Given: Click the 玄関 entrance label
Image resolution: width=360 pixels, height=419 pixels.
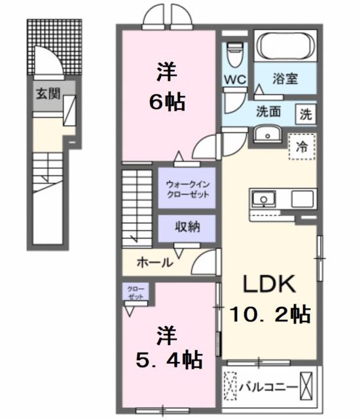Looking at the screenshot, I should [x=45, y=94].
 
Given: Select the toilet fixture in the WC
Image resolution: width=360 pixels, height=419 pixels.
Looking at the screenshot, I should [x=234, y=50].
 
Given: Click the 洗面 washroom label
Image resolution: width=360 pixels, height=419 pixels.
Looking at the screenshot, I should [x=268, y=111].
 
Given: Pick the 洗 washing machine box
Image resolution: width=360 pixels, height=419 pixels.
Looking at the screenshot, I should [x=306, y=113].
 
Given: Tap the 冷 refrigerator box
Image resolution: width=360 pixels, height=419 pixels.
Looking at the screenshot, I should [x=301, y=147].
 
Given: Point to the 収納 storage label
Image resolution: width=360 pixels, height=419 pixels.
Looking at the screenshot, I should [x=187, y=227].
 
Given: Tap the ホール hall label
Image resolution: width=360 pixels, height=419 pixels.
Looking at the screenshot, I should [x=154, y=263].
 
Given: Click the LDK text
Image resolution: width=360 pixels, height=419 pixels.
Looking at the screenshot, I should [x=270, y=285].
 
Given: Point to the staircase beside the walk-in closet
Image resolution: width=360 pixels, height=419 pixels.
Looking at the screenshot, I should [x=137, y=206].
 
